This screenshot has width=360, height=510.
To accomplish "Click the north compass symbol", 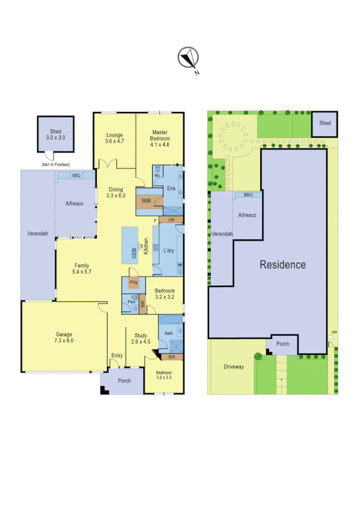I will (x=188, y=59).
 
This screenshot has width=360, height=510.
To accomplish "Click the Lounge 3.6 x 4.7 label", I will (x=114, y=138).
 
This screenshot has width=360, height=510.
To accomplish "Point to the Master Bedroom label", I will (x=160, y=138).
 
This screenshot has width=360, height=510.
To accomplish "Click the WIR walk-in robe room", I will (x=146, y=201).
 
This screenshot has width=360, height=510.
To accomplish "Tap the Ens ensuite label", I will (x=171, y=188).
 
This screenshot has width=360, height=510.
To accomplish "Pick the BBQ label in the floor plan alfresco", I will (x=76, y=176).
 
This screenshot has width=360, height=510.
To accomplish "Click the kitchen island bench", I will (x=130, y=245).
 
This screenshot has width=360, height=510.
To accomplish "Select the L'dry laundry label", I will (x=168, y=250).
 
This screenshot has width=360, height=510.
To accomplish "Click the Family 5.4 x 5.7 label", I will (x=82, y=268).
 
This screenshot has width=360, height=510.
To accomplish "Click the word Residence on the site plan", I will (x=282, y=265).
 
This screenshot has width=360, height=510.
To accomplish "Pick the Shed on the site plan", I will (x=325, y=123).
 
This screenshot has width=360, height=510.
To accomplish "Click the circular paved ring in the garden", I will (x=236, y=138).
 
